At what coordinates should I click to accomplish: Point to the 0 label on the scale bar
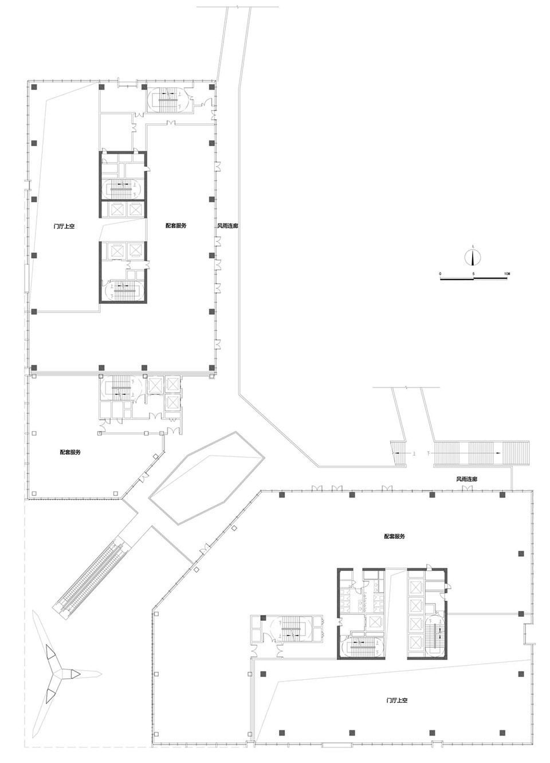[440, 275]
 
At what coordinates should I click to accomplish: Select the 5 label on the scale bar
[473, 275]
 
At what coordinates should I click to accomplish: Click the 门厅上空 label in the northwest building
[64, 226]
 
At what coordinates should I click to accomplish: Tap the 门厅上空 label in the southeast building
[396, 701]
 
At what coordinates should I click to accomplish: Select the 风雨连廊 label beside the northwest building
[227, 226]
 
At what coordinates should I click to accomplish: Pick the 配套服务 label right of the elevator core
[176, 226]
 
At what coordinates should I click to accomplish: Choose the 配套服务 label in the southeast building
[395, 536]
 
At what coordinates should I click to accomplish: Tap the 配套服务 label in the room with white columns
[70, 452]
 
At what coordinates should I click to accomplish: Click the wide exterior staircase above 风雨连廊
[481, 453]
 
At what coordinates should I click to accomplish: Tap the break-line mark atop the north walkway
[237, 8]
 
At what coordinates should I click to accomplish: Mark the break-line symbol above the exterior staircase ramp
[406, 388]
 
